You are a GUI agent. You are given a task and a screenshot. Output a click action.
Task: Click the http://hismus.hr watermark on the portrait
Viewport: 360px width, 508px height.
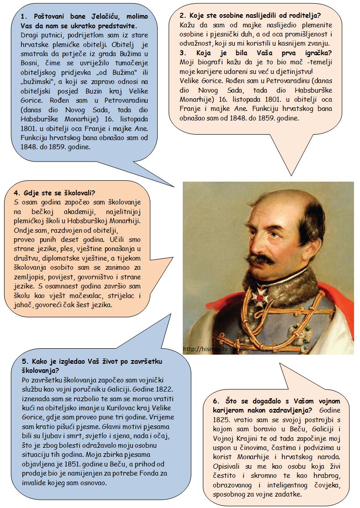click(x=205, y=349)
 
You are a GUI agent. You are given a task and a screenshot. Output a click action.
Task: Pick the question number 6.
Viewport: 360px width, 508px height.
click(x=216, y=401)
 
